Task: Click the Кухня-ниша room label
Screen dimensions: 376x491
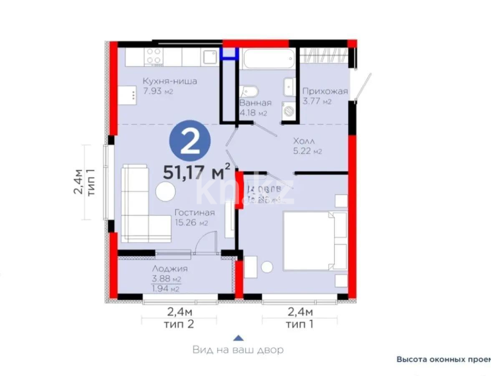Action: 169,81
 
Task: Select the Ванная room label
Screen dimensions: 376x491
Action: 255,103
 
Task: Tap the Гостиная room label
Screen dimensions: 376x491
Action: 194,213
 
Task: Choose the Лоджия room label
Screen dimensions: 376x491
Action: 170,269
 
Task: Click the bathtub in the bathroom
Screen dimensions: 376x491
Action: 268,59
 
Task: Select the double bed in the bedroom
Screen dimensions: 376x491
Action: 315,241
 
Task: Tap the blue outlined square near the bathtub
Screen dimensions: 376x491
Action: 229,53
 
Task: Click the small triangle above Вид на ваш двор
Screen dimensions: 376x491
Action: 238,338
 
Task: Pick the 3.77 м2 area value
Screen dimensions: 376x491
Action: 317,101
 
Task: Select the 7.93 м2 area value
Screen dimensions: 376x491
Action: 158,91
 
